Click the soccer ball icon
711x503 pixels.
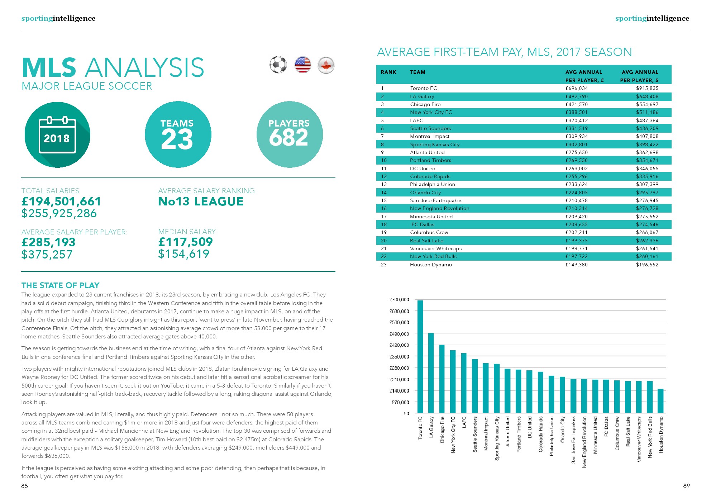coord(278,65)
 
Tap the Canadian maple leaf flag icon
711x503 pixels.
coord(326,65)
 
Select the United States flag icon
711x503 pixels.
coord(303,65)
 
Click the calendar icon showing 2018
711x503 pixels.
coord(57,135)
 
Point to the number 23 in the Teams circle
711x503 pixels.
coord(177,139)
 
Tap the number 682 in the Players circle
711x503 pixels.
coord(288,138)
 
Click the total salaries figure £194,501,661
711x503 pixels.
coord(61,201)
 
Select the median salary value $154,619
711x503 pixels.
coord(184,254)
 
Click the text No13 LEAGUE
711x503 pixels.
coord(201,201)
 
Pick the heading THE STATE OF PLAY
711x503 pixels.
coord(60,285)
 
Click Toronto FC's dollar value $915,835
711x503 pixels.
coord(647,88)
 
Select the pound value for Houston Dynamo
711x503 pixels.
coord(576,265)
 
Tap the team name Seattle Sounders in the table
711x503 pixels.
coord(430,128)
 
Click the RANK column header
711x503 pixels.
coord(388,72)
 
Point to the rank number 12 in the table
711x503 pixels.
coord(384,176)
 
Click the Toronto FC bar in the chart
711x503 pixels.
coord(420,356)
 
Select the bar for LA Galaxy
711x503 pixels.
coord(431,373)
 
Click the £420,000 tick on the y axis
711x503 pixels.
coord(399,345)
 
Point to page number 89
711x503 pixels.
coord(686,486)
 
